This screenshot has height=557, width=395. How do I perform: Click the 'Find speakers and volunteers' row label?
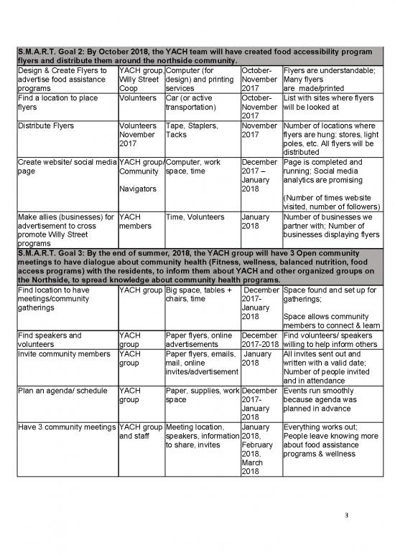pyautogui.click(x=49, y=338)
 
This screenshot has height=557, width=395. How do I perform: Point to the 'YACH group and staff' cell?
pyautogui.click(x=141, y=432)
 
